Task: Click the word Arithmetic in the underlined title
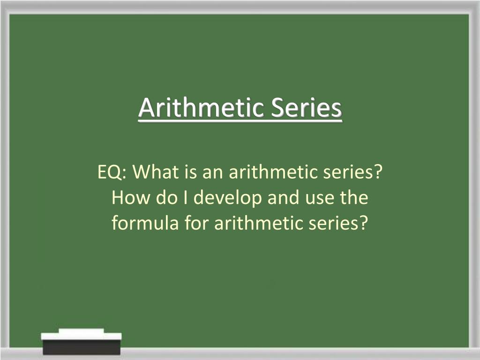tap(201, 107)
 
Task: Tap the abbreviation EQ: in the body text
tap(112, 172)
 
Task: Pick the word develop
tap(228, 198)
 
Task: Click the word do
tap(166, 197)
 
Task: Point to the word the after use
tap(353, 197)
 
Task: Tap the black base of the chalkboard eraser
tap(82, 347)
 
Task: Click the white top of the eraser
tap(81, 334)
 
